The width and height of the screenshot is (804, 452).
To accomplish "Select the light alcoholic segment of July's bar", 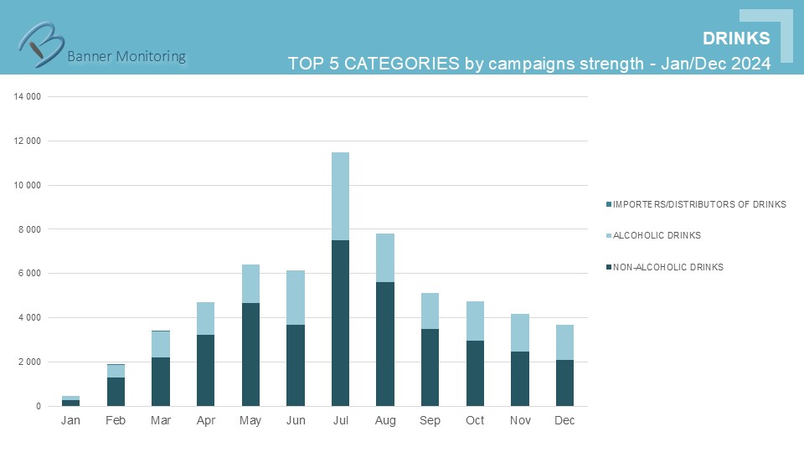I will pos(340,196).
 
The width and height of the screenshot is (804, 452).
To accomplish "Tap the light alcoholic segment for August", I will pos(385,258).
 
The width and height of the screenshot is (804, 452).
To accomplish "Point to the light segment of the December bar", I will pos(564,342).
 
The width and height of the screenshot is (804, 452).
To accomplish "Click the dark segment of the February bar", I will pos(116,392).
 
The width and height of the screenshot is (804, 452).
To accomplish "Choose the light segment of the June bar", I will pos(296,297).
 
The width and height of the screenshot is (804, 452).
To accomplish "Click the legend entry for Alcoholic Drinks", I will pos(657,236).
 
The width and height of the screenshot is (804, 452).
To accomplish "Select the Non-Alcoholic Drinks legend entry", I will pos(667,268).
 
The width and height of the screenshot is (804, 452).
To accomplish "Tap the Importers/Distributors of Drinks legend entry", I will pos(699,204).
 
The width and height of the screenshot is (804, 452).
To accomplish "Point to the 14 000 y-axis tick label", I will pos(28,97).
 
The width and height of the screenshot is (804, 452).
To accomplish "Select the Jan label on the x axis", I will pos(71,420).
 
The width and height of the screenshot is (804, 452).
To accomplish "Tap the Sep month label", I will pos(430,420).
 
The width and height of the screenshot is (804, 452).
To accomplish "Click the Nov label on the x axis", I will pos(519,420).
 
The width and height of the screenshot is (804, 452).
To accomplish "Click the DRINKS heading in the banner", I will pos(736,39).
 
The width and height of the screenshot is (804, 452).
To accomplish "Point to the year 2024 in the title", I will pos(750,64).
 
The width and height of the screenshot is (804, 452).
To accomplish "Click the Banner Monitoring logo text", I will pos(126,56).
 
